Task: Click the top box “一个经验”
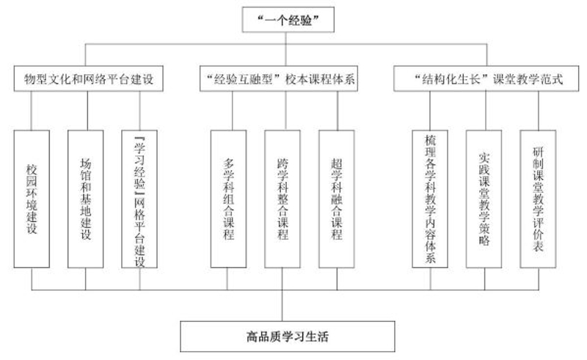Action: point(288,20)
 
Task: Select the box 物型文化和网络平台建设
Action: point(88,78)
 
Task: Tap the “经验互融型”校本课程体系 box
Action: point(279,78)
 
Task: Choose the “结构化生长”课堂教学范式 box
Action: point(486,78)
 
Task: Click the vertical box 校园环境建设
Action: point(32,199)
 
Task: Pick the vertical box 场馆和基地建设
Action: point(85,199)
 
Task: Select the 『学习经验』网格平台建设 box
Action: point(139,199)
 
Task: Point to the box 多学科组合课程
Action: point(228,199)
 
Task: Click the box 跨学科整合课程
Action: point(282,199)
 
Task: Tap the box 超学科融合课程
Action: point(337,199)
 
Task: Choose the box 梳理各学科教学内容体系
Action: point(430,199)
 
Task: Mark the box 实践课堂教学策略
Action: point(484,199)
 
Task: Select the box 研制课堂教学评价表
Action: point(538,199)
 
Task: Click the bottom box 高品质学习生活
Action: point(288,337)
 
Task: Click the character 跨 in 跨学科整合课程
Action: point(282,164)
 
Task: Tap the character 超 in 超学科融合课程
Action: point(337,164)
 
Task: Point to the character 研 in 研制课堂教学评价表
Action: point(538,152)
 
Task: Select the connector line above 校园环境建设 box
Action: point(31,111)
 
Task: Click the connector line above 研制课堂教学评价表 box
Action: point(539,111)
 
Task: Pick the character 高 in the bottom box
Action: point(252,337)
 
